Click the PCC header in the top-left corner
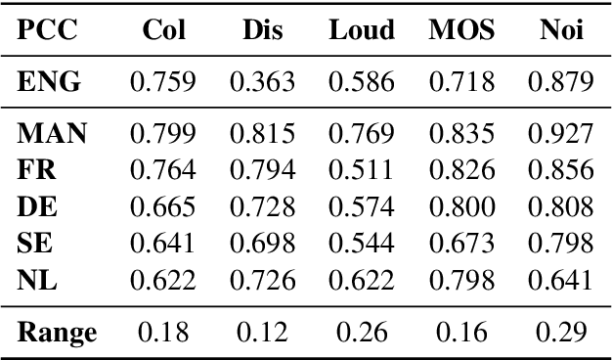point(46,30)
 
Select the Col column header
point(162,30)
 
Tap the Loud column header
point(361,30)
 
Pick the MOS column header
point(460,30)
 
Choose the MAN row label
point(51,134)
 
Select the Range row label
point(57,333)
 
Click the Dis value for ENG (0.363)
point(261,83)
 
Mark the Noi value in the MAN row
point(560,134)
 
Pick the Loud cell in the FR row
point(361,171)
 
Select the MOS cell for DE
point(460,208)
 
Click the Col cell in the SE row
point(162,245)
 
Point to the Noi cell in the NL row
point(560,282)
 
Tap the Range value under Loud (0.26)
point(361,333)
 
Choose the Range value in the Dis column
point(261,333)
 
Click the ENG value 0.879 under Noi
point(560,83)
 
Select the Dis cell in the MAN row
point(261,134)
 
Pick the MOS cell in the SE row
point(460,245)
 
